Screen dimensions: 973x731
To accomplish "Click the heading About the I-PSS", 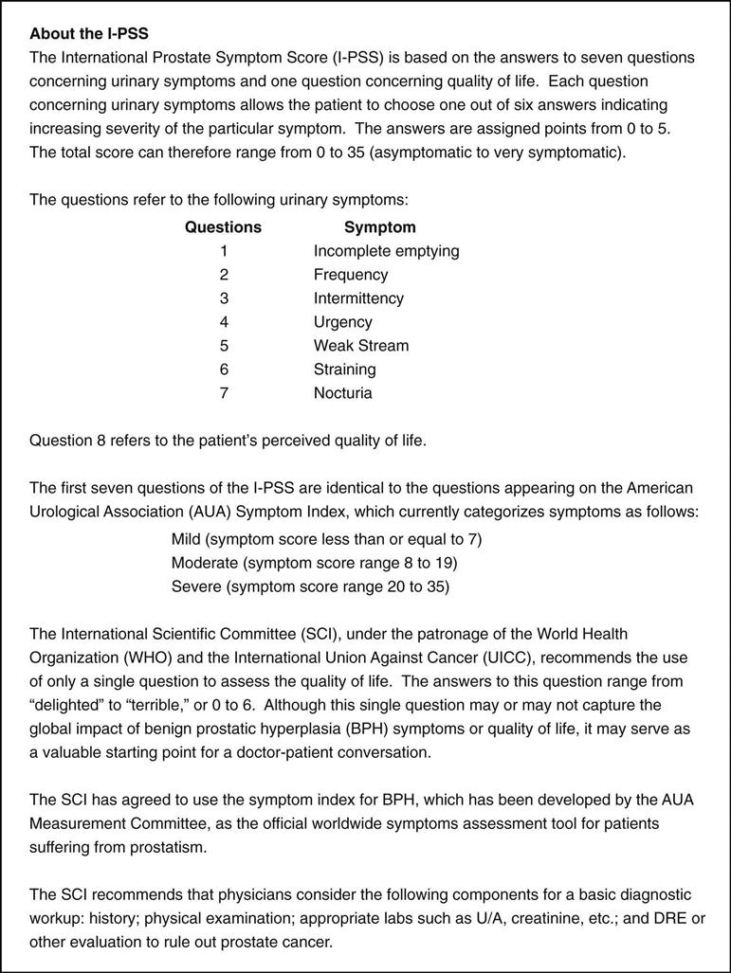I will coord(89,34).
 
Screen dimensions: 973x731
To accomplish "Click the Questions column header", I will coord(223,227).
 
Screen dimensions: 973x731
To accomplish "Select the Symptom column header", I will coord(379,227).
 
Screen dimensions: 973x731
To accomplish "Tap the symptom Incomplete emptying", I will coord(386,251).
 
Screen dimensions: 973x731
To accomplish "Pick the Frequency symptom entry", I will coord(351,275).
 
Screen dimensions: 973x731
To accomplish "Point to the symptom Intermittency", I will coord(358,298).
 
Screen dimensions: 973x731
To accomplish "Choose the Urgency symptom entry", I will coord(343,322).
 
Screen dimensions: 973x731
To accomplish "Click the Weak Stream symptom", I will coord(361,346).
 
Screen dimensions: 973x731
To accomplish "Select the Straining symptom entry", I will coord(344,369).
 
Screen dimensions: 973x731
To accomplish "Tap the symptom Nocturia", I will coord(342,393).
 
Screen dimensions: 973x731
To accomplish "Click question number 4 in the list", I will coord(224,322).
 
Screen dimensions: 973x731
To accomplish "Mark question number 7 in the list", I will coord(224,393).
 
